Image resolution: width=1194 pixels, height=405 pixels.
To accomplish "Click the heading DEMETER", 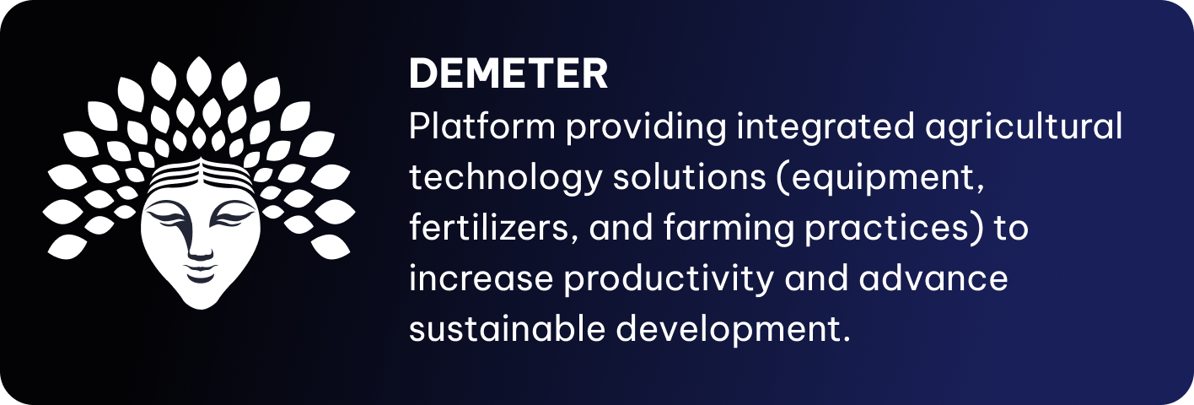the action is pos(508,73).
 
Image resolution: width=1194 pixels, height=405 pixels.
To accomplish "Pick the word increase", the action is pos(481,278).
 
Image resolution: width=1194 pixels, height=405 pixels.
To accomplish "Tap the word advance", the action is pos(933,278).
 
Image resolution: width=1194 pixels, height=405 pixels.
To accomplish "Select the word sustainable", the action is pos(507,327).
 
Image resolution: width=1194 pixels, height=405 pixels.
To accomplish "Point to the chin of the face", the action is pos(201,300).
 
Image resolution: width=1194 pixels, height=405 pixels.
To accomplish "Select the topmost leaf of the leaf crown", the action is pos(199,76).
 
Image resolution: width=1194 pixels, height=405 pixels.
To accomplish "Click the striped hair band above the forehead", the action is pos(201,176).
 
